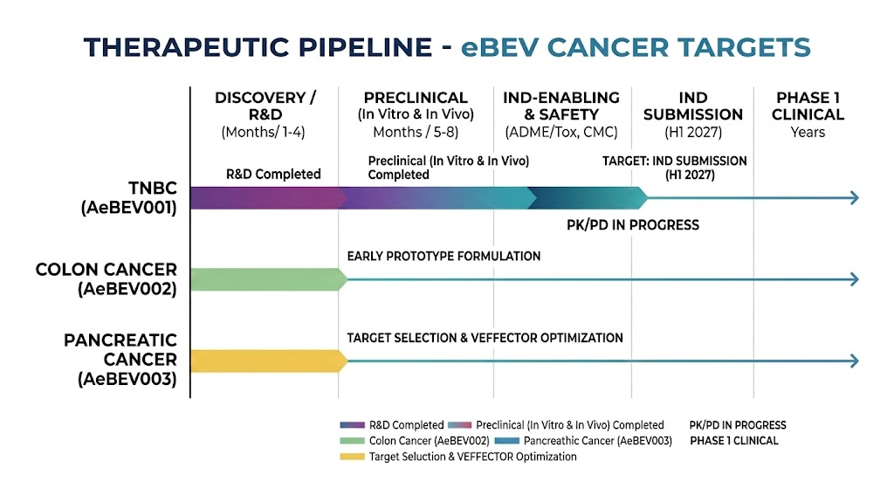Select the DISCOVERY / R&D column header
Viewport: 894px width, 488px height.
(265, 114)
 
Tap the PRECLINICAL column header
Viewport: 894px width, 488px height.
(416, 114)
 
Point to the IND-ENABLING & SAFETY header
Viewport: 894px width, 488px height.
(561, 114)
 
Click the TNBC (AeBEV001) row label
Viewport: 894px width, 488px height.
(129, 197)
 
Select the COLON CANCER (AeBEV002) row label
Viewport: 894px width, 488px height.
(107, 278)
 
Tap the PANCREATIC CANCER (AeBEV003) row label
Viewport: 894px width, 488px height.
(120, 359)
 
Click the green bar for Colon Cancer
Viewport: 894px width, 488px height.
(269, 279)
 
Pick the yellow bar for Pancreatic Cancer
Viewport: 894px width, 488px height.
(269, 361)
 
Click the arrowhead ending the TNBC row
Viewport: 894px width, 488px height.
(855, 198)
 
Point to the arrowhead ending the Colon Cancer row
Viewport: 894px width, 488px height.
(855, 279)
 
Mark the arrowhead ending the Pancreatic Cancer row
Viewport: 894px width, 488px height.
(855, 361)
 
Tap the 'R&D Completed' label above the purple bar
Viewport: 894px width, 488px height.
(273, 174)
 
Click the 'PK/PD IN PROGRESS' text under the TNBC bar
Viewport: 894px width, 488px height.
(633, 225)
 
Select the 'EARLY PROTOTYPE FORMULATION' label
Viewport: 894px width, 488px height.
(444, 256)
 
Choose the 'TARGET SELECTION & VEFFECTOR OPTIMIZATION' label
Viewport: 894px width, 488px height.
(485, 338)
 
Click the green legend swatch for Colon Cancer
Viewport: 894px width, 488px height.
(352, 441)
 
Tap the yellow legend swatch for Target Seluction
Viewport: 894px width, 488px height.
(352, 457)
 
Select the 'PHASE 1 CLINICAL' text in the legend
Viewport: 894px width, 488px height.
(733, 441)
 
